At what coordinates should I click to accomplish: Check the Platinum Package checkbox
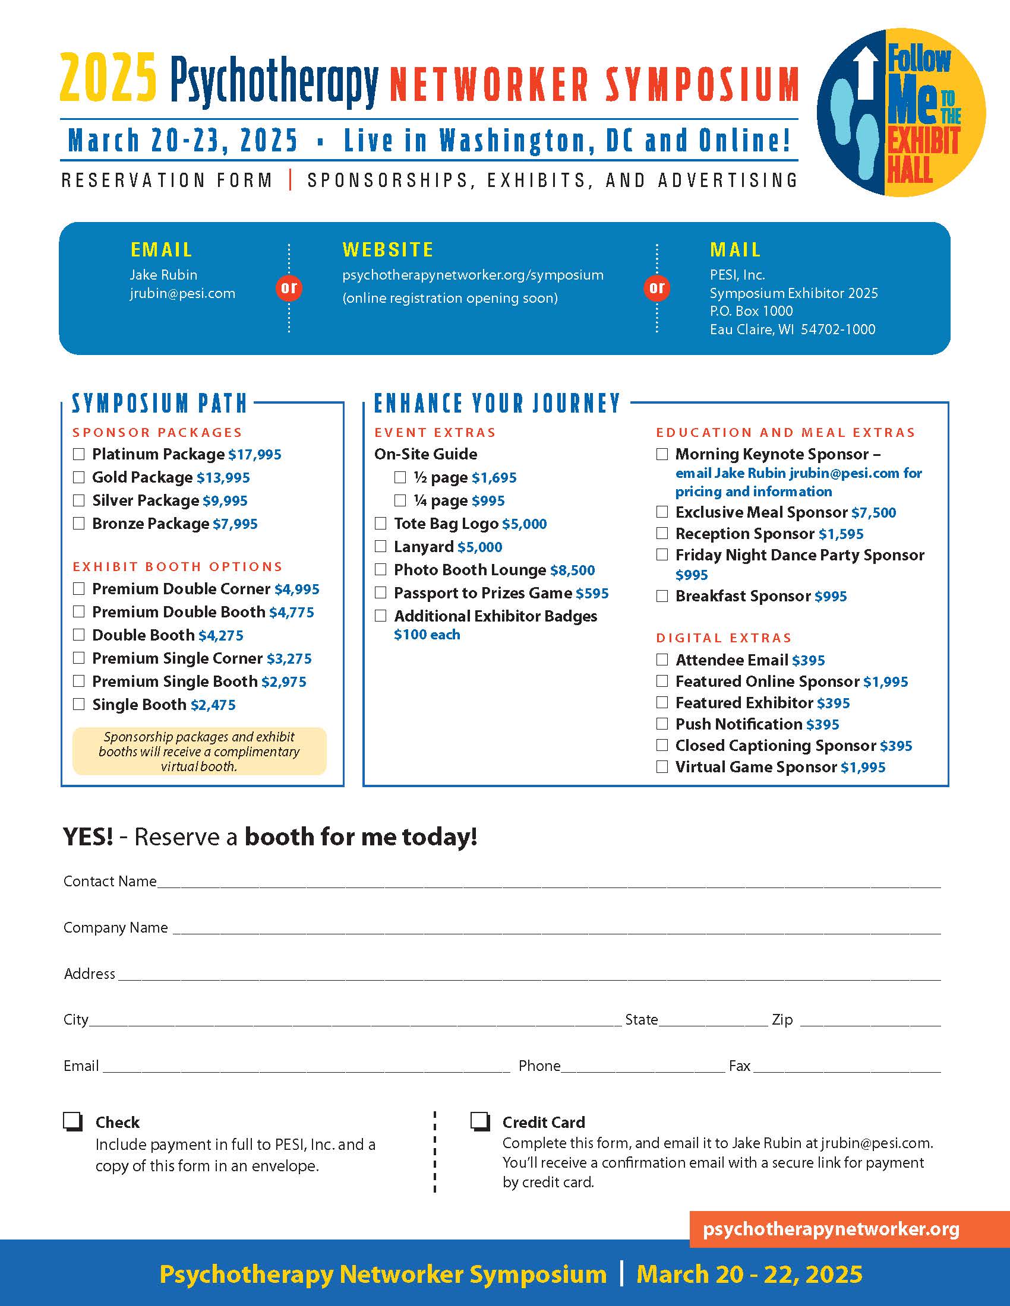78,455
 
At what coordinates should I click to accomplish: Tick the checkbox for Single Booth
78,705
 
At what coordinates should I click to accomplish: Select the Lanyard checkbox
381,547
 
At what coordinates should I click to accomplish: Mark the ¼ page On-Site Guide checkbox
400,500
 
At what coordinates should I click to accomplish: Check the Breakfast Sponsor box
662,596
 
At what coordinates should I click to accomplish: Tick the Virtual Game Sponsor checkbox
662,767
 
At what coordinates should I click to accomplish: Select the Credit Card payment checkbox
480,1122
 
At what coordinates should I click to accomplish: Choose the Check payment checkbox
72,1122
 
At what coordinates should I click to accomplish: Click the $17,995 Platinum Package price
255,455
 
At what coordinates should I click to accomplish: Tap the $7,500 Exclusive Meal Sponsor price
873,512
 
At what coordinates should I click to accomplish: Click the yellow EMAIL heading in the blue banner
162,250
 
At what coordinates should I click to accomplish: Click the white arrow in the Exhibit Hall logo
865,74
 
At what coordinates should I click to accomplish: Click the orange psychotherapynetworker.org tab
831,1229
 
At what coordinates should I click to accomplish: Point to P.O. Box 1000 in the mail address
751,311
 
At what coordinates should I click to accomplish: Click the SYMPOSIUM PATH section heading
160,404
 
